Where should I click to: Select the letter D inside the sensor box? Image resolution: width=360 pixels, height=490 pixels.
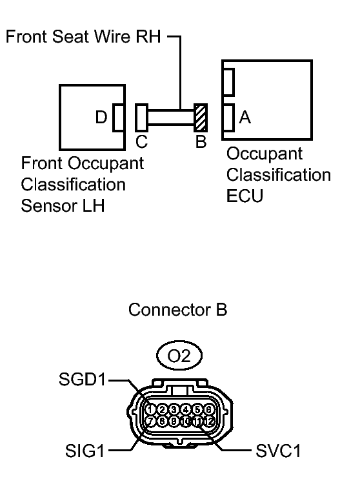101,118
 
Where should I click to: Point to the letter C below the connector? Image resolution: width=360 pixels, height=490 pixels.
141,141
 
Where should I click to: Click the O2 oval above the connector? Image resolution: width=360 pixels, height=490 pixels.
179,355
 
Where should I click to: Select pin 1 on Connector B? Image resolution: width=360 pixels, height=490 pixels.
150,409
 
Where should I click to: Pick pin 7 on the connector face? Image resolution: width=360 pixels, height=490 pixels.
150,421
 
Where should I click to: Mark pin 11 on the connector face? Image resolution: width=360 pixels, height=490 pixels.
197,421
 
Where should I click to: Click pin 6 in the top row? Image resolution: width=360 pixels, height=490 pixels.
208,409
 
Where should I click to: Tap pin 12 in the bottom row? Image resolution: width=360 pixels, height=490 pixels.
209,421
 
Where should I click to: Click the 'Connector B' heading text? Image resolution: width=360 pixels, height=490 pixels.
177,310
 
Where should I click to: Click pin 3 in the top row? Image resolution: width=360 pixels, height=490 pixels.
174,409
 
